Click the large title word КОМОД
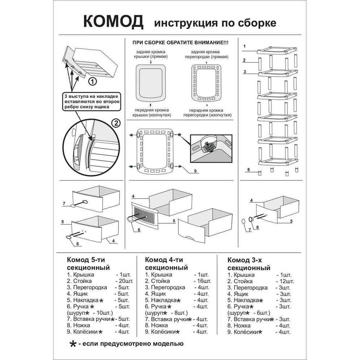point(113,22)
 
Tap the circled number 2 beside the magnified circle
point(116,123)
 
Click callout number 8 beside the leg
point(249,169)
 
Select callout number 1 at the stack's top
point(245,47)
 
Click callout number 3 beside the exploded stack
point(245,72)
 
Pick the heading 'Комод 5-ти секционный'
point(88,264)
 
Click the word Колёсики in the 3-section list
point(244,332)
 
